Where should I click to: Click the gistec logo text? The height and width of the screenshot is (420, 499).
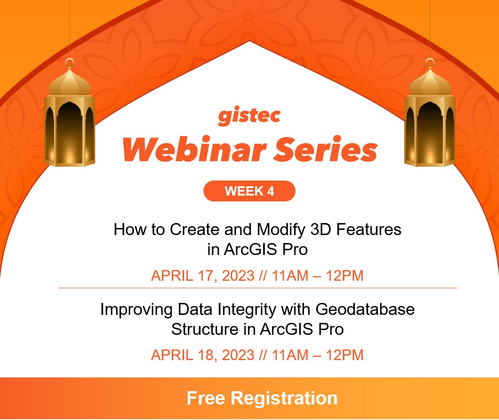coord(249,116)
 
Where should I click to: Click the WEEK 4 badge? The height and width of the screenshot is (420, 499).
coord(249,191)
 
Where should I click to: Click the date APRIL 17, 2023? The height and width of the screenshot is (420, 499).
coord(203,276)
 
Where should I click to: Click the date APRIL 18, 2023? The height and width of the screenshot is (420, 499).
coord(203,355)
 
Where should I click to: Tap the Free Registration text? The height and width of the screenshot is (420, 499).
coord(262,398)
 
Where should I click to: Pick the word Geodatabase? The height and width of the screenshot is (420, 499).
coord(365,309)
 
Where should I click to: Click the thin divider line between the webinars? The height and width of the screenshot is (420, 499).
coord(257,288)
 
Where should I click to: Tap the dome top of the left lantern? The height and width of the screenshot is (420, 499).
coord(69,82)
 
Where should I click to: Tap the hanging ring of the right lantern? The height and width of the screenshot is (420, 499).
coord(429,62)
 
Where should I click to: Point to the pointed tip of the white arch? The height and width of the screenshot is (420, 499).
coord(249,43)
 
